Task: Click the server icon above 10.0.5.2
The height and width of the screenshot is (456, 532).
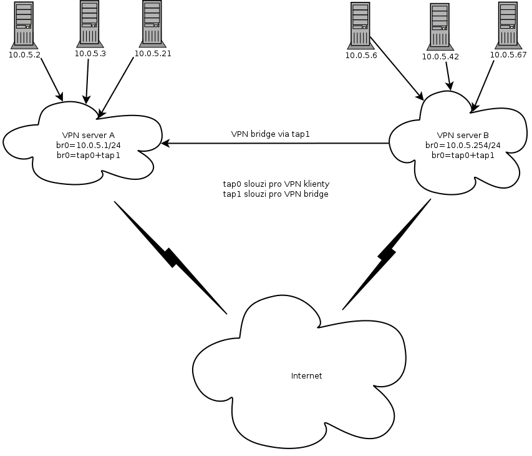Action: (x=24, y=24)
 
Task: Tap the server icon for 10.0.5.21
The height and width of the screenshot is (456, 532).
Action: (x=152, y=23)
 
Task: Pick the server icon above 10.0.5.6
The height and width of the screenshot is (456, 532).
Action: (x=360, y=25)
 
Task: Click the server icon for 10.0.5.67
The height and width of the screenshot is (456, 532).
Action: (x=508, y=25)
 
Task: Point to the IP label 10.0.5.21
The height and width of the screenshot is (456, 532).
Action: (x=152, y=54)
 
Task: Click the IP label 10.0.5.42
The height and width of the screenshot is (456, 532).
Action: (x=440, y=56)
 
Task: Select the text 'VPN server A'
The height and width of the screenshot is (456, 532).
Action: (x=88, y=135)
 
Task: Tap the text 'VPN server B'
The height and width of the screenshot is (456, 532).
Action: (x=463, y=135)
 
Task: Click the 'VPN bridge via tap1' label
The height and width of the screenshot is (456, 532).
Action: (x=270, y=134)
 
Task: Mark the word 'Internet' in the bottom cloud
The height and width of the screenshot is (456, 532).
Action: (x=307, y=376)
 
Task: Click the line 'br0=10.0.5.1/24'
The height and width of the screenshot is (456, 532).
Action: (x=88, y=145)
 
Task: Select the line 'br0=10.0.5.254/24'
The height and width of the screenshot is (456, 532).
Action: (x=463, y=145)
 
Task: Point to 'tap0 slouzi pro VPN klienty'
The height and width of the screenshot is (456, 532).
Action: (x=276, y=184)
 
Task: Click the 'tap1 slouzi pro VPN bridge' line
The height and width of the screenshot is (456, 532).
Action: (x=276, y=194)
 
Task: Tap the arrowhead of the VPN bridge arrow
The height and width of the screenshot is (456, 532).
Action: (x=165, y=144)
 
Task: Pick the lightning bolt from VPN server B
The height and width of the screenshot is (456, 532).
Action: (x=386, y=254)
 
